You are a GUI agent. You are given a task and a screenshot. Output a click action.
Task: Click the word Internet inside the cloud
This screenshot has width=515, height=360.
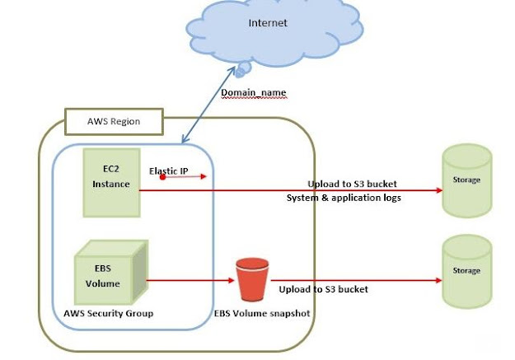(x=268, y=23)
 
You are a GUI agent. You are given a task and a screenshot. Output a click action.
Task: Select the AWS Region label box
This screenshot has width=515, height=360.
(x=114, y=121)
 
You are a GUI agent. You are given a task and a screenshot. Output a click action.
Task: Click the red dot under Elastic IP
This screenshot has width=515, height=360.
(x=163, y=177)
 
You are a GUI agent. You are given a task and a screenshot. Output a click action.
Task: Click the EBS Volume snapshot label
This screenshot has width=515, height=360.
(x=259, y=313)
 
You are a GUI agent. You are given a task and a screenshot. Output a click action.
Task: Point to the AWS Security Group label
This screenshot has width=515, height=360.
(x=108, y=313)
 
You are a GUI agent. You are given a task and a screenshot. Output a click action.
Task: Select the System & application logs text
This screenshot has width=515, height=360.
(x=343, y=199)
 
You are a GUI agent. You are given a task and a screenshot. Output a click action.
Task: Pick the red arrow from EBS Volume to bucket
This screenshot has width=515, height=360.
(x=190, y=280)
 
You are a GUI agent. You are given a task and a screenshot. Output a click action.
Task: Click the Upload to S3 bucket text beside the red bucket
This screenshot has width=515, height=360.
(x=323, y=290)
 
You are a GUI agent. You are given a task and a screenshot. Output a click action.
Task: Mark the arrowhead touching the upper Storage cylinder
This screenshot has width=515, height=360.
(x=438, y=190)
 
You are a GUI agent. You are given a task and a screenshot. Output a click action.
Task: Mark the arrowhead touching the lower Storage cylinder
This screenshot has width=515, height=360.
(x=438, y=280)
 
